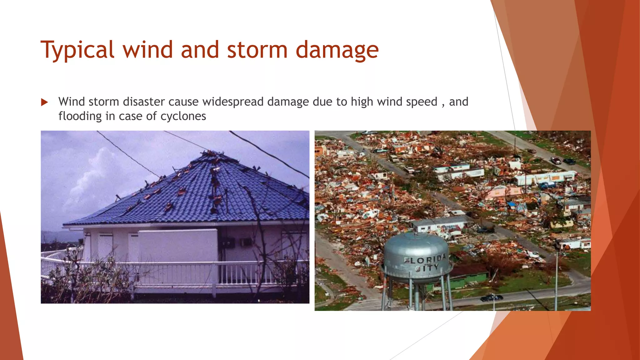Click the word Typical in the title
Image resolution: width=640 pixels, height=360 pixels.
[77, 50]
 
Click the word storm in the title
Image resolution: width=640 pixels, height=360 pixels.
[257, 50]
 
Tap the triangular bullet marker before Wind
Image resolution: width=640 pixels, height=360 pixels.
[44, 102]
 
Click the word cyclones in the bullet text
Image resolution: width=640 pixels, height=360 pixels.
[183, 116]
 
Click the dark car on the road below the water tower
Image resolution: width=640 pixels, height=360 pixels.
[491, 297]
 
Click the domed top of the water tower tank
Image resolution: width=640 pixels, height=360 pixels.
[416, 239]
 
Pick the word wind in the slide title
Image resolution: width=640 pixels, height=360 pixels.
[147, 50]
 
